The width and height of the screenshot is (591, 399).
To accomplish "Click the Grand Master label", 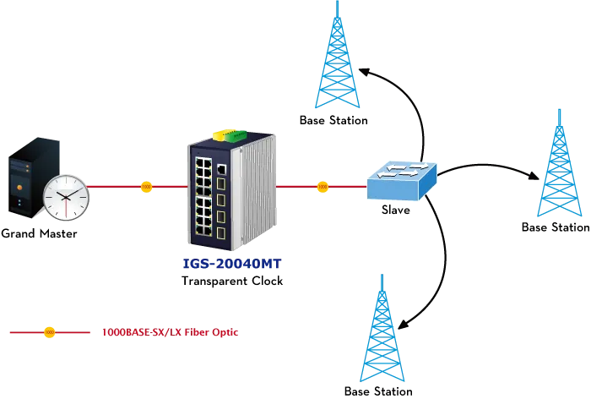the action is pos(39,233).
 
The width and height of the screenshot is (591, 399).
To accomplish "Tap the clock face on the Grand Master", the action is pos(66,198).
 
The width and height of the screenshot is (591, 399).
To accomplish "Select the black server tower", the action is pos(34,178).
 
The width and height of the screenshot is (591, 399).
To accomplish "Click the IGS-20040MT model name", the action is pos(232,264).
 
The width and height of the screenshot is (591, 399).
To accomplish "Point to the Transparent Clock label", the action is pos(232,281).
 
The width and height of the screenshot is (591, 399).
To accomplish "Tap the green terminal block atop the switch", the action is pos(236,135).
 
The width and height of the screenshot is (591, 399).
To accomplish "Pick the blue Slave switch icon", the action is pos(402,181).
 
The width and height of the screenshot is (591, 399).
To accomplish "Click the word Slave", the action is pos(396,210).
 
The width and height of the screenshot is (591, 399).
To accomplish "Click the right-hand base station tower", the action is pos(559,163).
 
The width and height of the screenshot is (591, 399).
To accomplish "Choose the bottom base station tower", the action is pos(382,328).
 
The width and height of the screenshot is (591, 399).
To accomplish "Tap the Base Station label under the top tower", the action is pos(333,120).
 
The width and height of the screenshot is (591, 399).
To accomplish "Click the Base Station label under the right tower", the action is pos(556,227).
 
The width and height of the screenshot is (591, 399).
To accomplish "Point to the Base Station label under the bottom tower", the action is pos(378,391).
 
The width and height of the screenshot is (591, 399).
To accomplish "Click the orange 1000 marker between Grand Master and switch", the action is pos(146,187).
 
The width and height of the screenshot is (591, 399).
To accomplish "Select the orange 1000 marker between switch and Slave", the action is pos(323,187).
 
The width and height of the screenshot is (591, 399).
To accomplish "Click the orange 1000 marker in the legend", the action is pos(49,332).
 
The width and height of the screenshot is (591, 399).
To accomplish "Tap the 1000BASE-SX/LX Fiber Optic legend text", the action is pos(171,332).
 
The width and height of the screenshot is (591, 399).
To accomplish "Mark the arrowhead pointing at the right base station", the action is pos(534,176).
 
